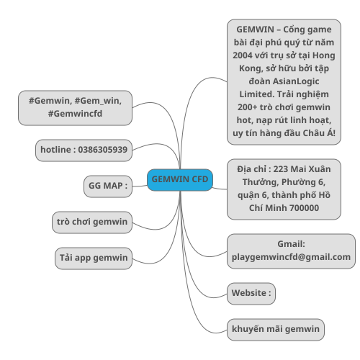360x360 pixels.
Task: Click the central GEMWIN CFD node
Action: click(x=180, y=180)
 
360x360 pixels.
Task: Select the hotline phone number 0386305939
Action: click(x=103, y=150)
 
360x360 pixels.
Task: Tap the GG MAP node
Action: click(x=108, y=186)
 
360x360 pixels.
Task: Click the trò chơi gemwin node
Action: click(x=92, y=222)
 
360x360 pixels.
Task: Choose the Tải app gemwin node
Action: click(x=94, y=258)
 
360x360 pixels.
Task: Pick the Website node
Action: click(x=251, y=294)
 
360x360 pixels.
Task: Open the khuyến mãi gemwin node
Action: click(x=276, y=330)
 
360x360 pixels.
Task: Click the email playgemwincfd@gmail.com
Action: click(x=291, y=257)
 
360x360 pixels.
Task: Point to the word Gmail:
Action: click(x=291, y=244)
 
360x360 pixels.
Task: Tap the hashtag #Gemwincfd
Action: click(x=75, y=114)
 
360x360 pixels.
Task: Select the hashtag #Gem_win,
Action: click(x=98, y=101)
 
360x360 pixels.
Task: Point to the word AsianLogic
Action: click(x=296, y=81)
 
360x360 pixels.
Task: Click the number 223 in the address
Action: click(x=280, y=169)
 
